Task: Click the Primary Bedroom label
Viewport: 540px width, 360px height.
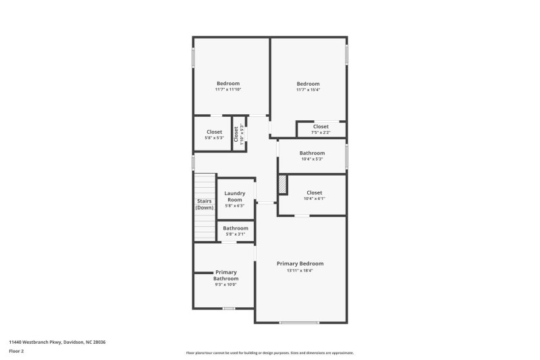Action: click(300, 263)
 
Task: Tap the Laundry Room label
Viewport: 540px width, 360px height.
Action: click(236, 197)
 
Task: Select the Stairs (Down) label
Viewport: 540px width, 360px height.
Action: click(204, 204)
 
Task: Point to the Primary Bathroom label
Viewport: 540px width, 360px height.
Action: click(225, 276)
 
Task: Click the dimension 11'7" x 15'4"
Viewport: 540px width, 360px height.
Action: click(308, 90)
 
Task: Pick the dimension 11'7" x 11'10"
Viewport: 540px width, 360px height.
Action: click(228, 90)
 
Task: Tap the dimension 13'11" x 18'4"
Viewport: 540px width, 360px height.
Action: click(300, 271)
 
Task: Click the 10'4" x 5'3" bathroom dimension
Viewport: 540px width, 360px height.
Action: click(312, 159)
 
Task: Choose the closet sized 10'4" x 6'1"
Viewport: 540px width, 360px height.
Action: click(315, 196)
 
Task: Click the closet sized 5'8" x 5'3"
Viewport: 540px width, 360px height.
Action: click(214, 135)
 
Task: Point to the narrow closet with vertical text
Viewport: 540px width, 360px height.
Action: click(238, 134)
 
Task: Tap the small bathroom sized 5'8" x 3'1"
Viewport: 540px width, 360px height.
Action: click(236, 231)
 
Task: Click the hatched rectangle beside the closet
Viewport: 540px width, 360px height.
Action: click(283, 184)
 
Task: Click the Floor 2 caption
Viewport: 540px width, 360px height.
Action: click(16, 351)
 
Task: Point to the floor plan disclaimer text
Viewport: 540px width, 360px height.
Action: click(270, 353)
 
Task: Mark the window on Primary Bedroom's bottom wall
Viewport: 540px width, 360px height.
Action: click(299, 322)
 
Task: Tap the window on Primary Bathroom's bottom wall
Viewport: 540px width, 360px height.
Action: click(229, 308)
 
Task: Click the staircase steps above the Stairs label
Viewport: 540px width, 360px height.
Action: click(204, 185)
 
